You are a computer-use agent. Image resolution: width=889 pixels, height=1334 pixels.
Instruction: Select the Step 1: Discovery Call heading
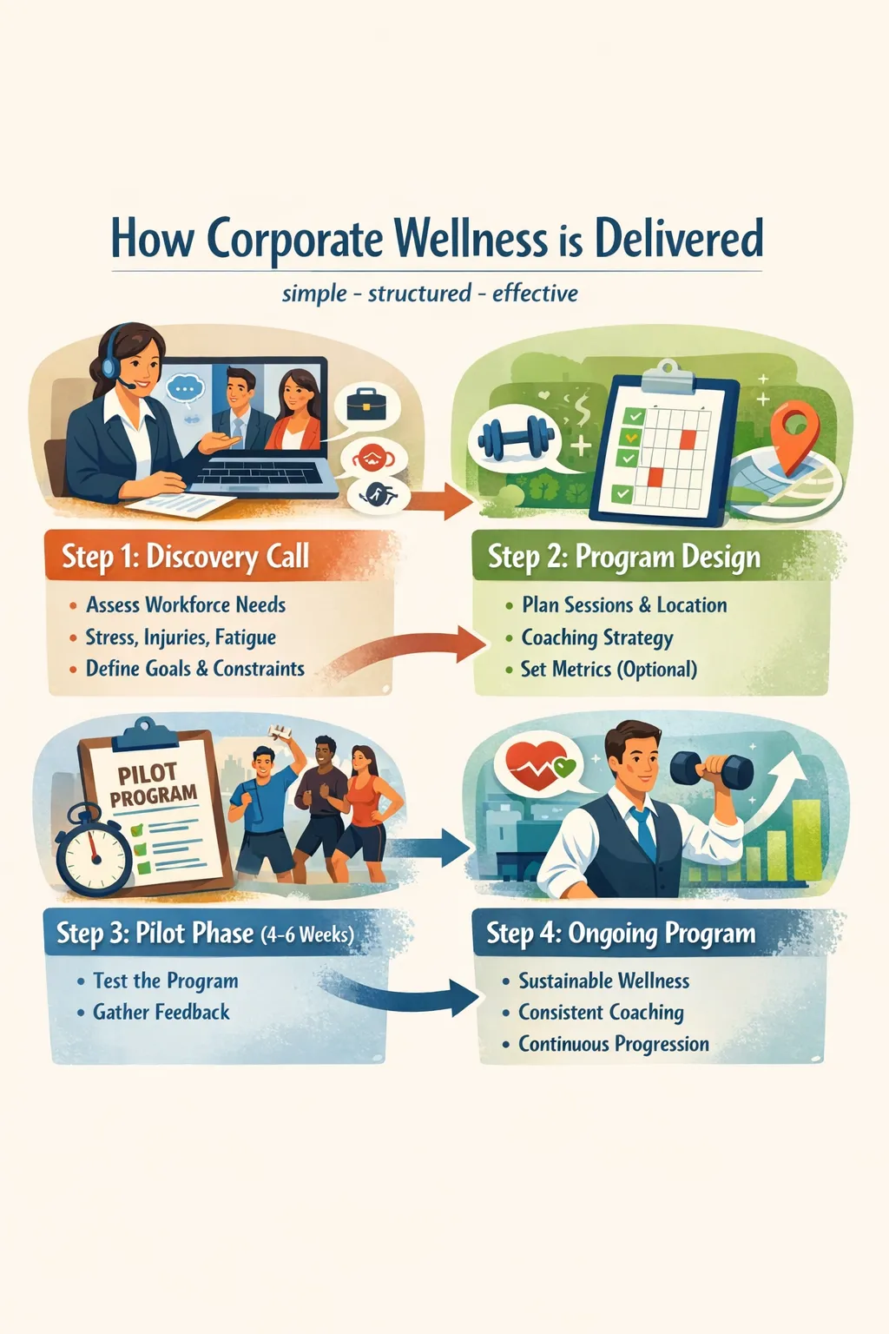[185, 556]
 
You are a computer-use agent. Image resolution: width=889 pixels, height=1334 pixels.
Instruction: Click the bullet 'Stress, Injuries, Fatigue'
[181, 637]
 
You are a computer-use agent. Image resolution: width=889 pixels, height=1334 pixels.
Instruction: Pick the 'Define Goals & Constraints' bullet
[194, 669]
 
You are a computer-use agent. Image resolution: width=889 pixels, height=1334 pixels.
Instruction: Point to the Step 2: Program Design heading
[623, 557]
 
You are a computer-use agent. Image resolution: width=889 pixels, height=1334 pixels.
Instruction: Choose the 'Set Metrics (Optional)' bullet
[609, 670]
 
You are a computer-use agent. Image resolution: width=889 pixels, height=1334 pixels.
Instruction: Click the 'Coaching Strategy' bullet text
[596, 637]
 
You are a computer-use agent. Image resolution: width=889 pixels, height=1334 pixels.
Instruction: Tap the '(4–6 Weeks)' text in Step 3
[307, 934]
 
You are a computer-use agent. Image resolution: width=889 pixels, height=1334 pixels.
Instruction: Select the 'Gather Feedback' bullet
[161, 1012]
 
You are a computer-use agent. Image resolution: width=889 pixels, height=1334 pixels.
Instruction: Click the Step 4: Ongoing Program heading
[621, 934]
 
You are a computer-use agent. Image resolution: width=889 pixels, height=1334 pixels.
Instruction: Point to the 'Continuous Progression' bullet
[613, 1044]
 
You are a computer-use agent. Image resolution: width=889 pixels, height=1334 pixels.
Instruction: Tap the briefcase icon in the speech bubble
[366, 403]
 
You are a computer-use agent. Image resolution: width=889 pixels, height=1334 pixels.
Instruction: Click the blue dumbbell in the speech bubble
[517, 437]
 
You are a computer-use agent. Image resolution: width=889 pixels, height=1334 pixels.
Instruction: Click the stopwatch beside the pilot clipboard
[94, 852]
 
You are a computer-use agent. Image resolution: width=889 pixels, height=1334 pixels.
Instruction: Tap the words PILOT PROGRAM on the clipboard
[153, 783]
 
